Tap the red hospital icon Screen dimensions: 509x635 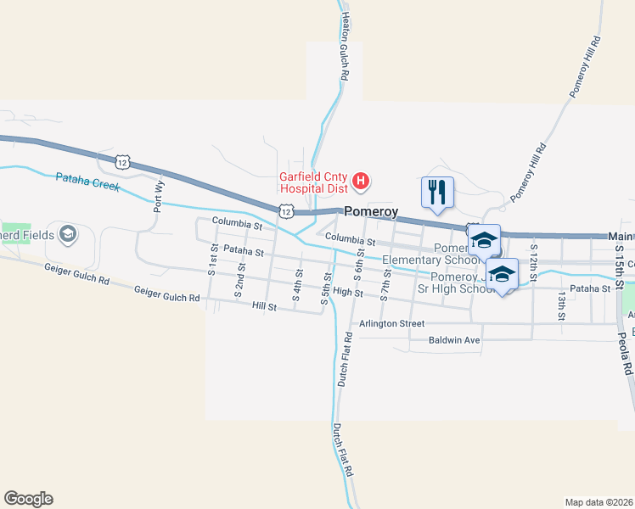point(362,180)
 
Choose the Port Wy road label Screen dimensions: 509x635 point(158,196)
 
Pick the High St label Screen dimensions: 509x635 point(348,293)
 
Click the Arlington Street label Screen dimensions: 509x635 point(391,323)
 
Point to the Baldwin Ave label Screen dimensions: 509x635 point(454,340)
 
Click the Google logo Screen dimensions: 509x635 point(28,499)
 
